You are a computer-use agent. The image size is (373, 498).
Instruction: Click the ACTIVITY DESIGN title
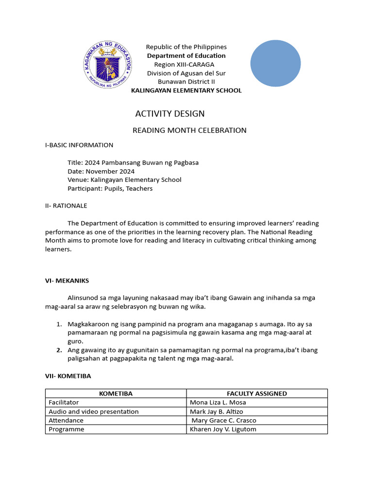coord(170,114)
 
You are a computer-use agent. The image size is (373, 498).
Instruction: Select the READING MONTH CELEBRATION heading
coord(189,130)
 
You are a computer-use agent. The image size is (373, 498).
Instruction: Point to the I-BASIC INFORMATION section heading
coord(79,145)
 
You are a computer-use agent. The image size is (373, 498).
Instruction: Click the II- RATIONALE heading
coord(66,206)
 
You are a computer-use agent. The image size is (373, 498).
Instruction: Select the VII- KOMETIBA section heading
coord(68,376)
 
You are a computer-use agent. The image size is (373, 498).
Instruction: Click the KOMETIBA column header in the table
coord(116,393)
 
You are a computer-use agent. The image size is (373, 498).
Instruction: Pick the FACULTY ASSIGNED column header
coord(256,393)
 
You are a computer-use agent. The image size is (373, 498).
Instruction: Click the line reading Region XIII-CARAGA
coord(184,65)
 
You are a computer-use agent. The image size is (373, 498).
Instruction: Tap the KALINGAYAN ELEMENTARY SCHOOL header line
coord(186,90)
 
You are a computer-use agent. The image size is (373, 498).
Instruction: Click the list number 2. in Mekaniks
coord(59,350)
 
